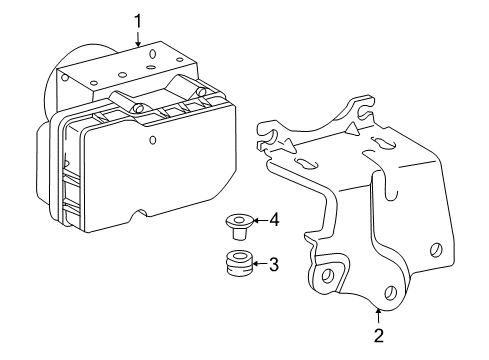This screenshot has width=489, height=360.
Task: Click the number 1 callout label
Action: pyautogui.click(x=138, y=18)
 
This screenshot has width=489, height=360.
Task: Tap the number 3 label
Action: pyautogui.click(x=273, y=265)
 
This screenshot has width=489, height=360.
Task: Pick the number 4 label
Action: pyautogui.click(x=273, y=220)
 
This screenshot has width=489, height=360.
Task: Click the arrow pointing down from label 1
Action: pyautogui.click(x=138, y=38)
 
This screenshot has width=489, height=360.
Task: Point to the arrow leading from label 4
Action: pyautogui.click(x=258, y=220)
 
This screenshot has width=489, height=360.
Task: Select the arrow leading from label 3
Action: pyautogui.click(x=258, y=265)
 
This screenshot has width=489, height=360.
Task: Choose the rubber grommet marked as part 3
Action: pyautogui.click(x=237, y=266)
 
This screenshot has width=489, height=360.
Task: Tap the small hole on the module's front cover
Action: pyautogui.click(x=152, y=140)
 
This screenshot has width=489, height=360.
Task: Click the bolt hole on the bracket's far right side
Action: pyautogui.click(x=436, y=250)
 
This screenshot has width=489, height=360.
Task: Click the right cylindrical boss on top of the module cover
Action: pyautogui.click(x=203, y=93)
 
